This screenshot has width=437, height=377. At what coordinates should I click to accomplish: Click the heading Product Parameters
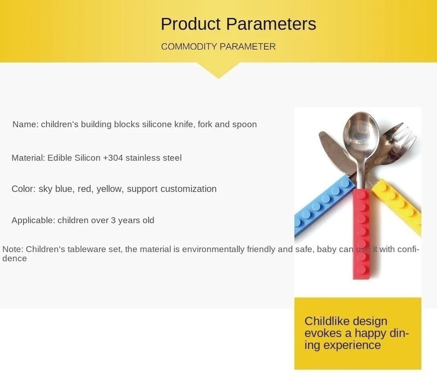238,24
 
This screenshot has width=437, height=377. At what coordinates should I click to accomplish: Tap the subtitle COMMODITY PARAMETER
218,47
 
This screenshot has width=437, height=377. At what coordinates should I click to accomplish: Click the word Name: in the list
25,124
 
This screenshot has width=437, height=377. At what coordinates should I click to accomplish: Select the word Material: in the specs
28,158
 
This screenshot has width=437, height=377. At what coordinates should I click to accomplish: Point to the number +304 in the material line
113,158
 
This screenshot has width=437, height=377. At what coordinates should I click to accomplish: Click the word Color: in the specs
23,189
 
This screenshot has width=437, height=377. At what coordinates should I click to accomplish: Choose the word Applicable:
33,220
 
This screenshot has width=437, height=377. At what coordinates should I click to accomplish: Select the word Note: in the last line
13,249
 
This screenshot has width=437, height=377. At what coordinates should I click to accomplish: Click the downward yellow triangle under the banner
218,69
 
